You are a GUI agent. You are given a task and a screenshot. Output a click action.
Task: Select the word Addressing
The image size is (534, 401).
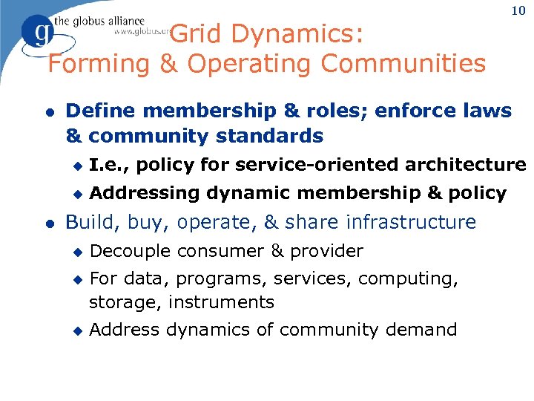click(145, 193)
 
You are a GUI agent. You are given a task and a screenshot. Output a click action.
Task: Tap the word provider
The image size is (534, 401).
click(326, 252)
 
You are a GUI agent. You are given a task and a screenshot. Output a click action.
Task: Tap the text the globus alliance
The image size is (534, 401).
click(98, 21)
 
